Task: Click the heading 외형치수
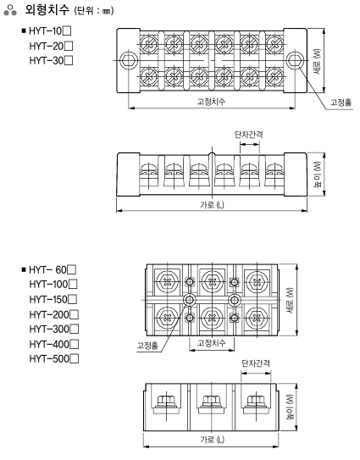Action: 47,9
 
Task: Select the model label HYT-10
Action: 46,31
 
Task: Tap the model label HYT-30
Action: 47,61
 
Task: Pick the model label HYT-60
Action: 48,270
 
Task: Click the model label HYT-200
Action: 49,315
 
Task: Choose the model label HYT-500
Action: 49,359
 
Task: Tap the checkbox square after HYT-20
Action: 69,46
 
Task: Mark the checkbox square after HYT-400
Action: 75,344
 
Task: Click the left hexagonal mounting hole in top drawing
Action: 129,61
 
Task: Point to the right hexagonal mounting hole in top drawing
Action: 295,61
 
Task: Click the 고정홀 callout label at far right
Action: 341,103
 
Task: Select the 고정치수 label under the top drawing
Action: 211,102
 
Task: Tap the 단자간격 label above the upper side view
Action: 248,135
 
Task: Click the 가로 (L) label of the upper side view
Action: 212,205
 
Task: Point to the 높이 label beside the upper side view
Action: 317,174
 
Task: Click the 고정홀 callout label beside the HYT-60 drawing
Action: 147,346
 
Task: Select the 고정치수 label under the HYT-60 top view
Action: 212,342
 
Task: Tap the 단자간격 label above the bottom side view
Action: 256,363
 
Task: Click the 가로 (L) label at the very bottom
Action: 212,440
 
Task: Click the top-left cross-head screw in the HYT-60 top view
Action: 168,282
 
